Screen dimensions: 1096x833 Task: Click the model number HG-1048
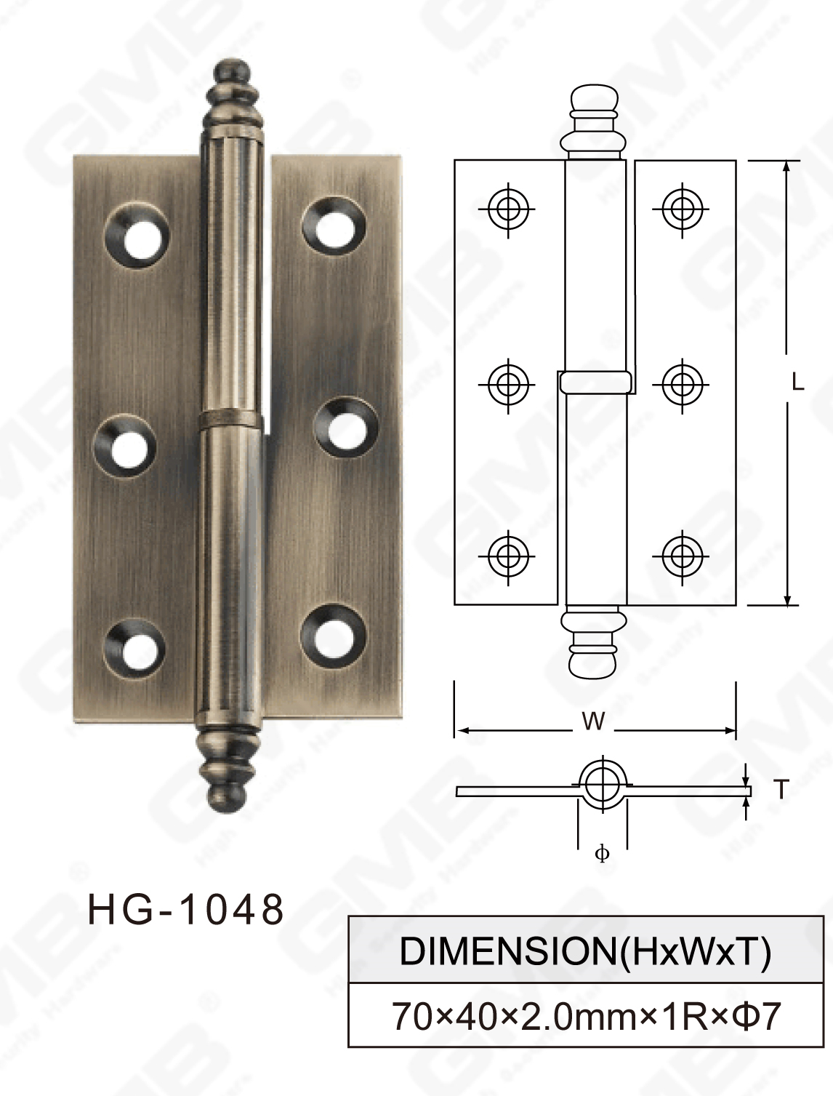[185, 909]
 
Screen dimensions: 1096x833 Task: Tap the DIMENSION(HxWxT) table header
[585, 951]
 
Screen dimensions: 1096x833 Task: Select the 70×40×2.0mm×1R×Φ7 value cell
[585, 1015]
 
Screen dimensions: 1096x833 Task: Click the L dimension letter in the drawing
[797, 383]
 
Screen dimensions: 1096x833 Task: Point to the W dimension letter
[593, 721]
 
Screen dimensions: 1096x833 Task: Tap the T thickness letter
[781, 789]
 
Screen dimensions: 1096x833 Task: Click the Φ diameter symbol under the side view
[602, 854]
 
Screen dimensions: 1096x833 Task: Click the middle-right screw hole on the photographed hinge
[346, 428]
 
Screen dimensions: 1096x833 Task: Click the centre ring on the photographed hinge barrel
[230, 418]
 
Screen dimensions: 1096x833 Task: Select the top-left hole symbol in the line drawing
[507, 209]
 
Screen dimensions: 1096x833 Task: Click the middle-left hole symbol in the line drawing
[507, 383]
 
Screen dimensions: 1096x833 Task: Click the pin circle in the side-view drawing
[601, 784]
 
